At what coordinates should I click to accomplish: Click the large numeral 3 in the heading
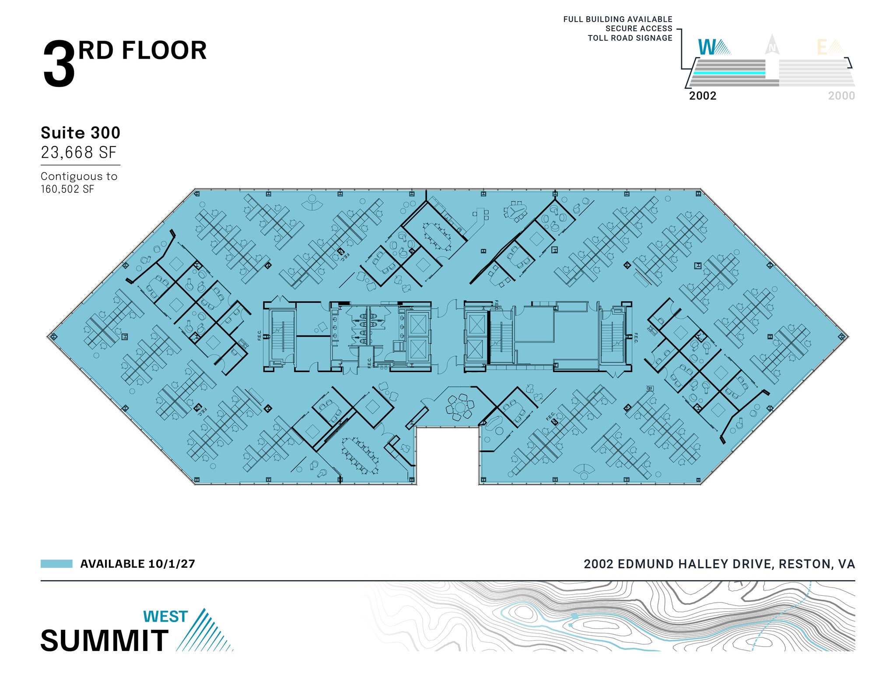59,65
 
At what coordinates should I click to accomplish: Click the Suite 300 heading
80,133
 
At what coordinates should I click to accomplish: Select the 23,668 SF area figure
79,153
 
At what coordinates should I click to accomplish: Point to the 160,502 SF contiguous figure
67,189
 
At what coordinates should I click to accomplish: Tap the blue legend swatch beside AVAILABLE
56,564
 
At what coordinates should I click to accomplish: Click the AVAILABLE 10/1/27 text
137,564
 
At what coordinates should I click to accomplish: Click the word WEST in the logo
165,616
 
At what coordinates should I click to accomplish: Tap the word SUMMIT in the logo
105,641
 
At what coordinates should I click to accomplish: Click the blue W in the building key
707,47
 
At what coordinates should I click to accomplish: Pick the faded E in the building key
822,48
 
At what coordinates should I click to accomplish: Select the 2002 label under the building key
703,96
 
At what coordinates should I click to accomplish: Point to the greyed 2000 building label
841,96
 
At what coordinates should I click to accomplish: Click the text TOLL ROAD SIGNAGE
630,38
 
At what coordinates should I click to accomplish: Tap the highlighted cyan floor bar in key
729,73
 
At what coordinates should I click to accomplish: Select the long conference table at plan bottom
360,455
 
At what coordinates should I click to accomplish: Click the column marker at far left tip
53,336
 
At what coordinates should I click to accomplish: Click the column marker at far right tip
842,337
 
